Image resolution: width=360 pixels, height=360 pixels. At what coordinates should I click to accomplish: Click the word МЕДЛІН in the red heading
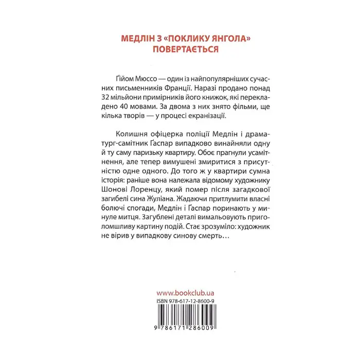coord(135,38)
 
